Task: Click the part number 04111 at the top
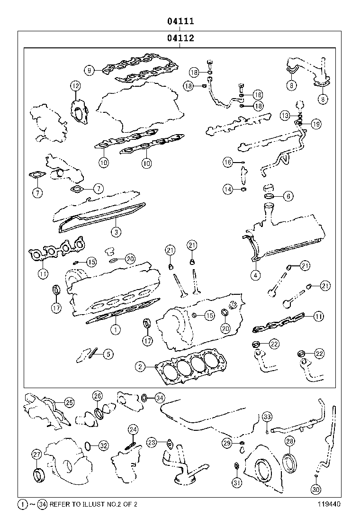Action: [x=180, y=21]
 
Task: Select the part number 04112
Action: [x=180, y=39]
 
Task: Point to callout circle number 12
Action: [x=76, y=86]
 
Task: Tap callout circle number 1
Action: [x=114, y=327]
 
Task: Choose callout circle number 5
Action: [x=108, y=353]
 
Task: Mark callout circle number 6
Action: [x=288, y=196]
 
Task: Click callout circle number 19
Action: [x=316, y=124]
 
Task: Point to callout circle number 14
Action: [x=228, y=190]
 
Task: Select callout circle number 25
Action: [x=69, y=402]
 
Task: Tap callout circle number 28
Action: [x=290, y=441]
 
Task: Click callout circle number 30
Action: [x=315, y=489]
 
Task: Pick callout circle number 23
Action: [x=151, y=442]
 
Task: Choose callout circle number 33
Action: [x=267, y=417]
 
